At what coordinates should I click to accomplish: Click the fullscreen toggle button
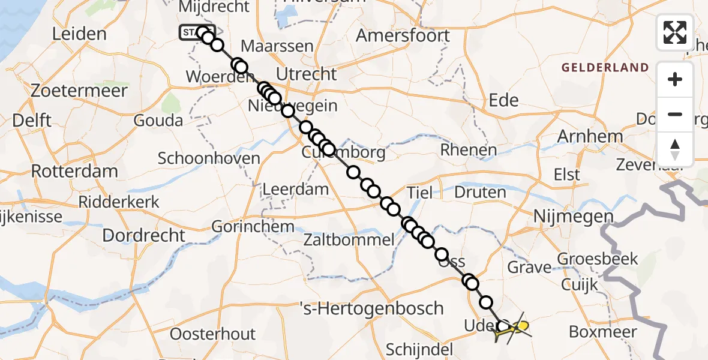pos(675,32)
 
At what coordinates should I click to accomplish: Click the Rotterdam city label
pos(74,171)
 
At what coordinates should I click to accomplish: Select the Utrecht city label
pos(307,74)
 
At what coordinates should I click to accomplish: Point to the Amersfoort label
pos(403,35)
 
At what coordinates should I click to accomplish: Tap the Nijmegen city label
pos(574,217)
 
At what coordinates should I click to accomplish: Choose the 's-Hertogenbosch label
pos(372,309)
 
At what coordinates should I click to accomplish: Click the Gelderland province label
pos(605,68)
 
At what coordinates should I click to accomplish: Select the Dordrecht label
pos(144,235)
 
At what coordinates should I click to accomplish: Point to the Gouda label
pos(159,121)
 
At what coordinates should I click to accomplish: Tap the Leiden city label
pos(79,34)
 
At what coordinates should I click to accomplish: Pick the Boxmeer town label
pos(602,331)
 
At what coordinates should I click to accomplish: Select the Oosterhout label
pos(212,334)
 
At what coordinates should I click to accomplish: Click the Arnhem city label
pos(590,136)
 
